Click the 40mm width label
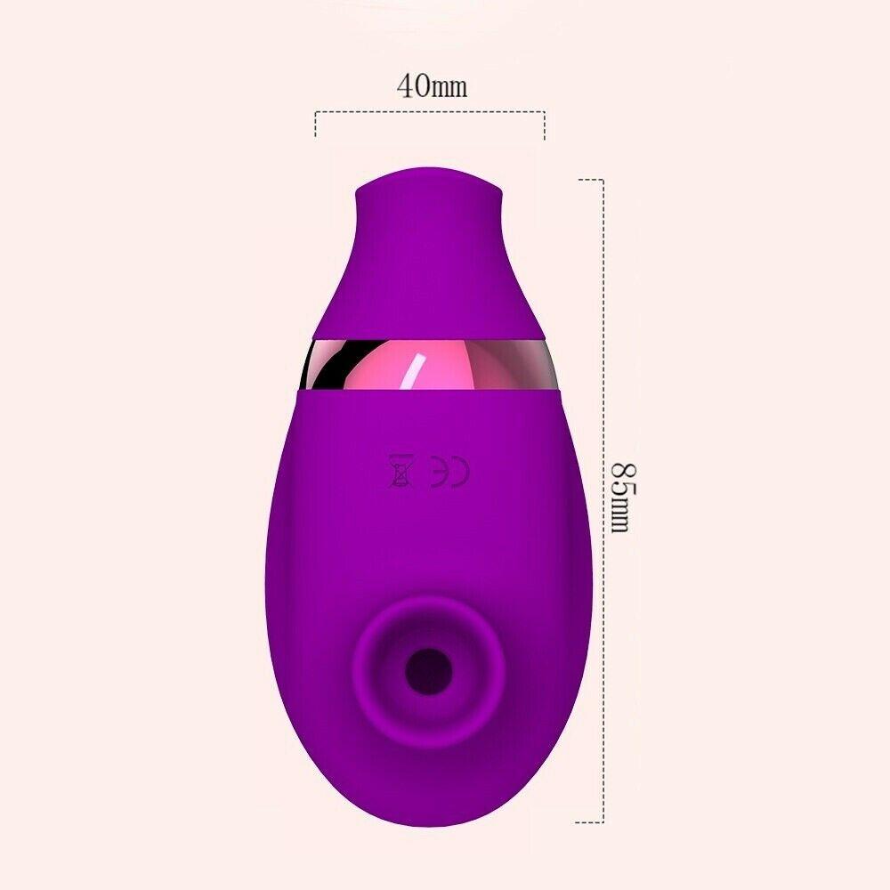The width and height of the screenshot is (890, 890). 432,86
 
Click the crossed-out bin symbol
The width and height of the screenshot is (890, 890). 400,471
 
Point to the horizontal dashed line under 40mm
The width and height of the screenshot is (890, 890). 430,112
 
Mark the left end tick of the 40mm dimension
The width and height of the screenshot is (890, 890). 316,124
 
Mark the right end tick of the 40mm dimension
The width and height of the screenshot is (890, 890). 544,124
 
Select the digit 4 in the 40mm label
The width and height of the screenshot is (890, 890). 404,86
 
